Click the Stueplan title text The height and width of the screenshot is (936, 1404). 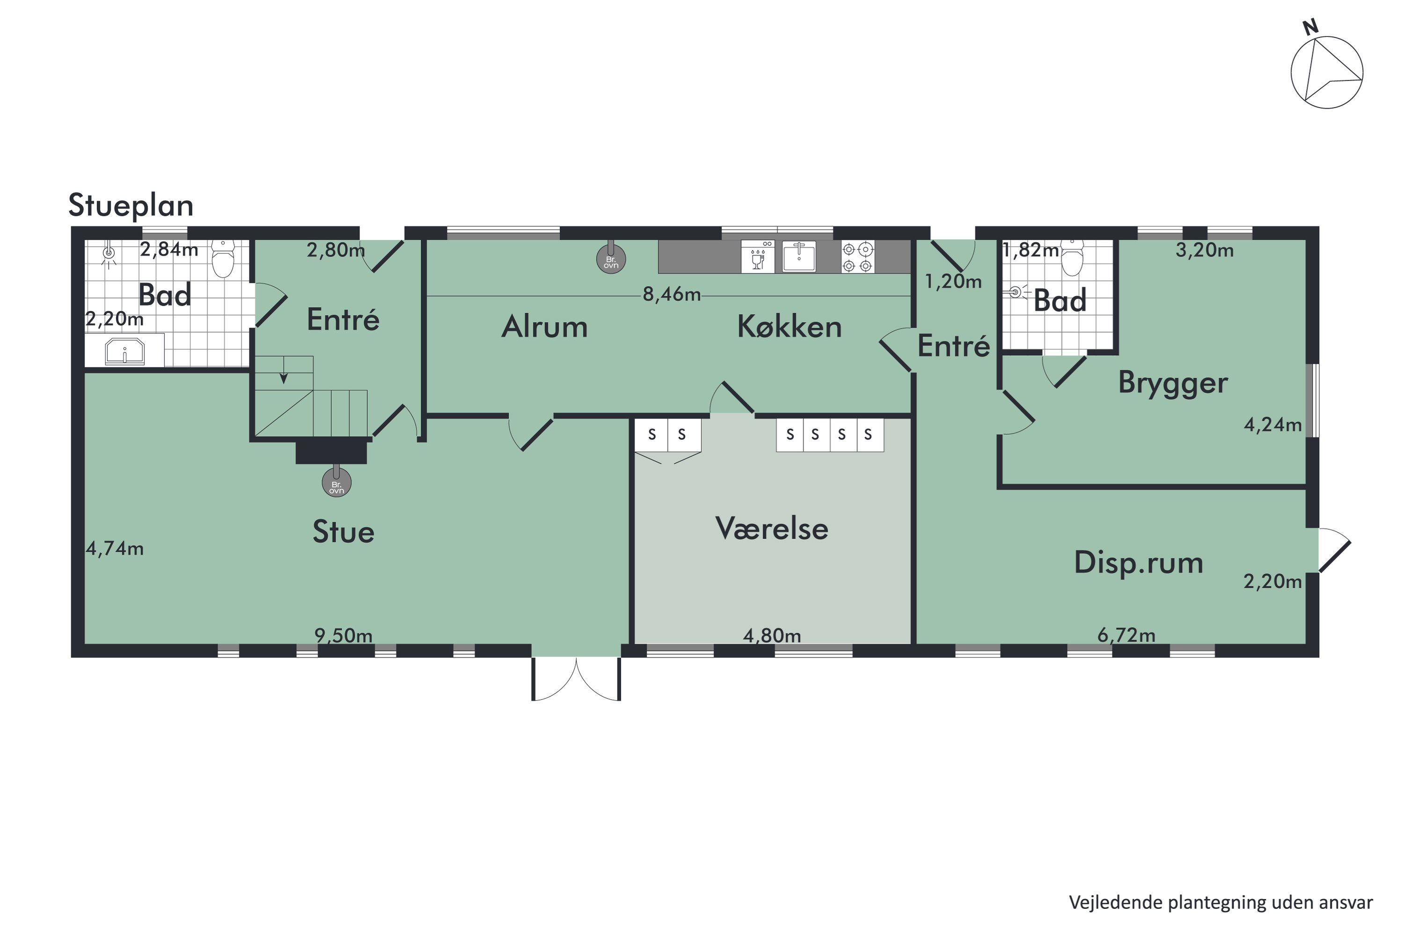(131, 206)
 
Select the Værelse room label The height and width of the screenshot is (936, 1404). (771, 528)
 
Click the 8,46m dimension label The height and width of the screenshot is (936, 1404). (671, 295)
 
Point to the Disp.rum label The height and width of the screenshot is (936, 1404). (1138, 563)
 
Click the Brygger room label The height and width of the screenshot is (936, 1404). (1172, 383)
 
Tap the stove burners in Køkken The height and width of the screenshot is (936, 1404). (858, 256)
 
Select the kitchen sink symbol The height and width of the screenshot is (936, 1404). (799, 256)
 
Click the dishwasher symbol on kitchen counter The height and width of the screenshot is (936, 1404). (758, 256)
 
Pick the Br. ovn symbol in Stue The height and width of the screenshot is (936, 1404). (336, 483)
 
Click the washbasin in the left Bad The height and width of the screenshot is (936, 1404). (125, 351)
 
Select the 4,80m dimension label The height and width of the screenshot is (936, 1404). (771, 636)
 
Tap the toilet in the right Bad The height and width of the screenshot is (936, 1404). (1072, 258)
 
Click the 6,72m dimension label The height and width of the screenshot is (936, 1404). (1126, 635)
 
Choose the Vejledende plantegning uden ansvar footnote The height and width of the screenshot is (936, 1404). (1220, 903)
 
